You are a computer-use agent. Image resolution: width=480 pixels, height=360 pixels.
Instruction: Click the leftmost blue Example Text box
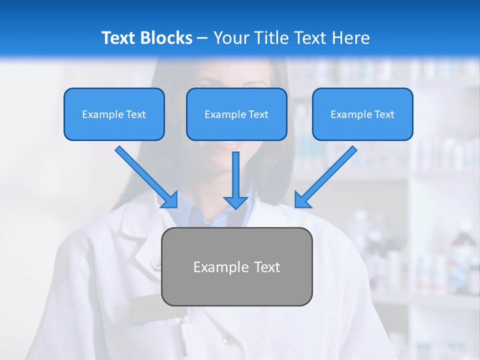click(114, 114)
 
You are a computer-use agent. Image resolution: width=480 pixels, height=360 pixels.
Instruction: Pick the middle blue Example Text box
click(236, 114)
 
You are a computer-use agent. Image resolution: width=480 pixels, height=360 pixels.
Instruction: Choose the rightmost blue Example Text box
click(362, 114)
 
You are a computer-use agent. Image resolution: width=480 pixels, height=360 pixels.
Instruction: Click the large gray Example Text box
click(236, 266)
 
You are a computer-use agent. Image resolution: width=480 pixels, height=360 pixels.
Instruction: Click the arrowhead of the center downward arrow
click(236, 202)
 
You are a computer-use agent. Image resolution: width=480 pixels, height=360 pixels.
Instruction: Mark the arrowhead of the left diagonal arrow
click(170, 200)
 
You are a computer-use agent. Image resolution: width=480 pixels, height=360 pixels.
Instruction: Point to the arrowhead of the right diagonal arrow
click(302, 200)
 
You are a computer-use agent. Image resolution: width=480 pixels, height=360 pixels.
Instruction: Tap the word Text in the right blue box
click(384, 114)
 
